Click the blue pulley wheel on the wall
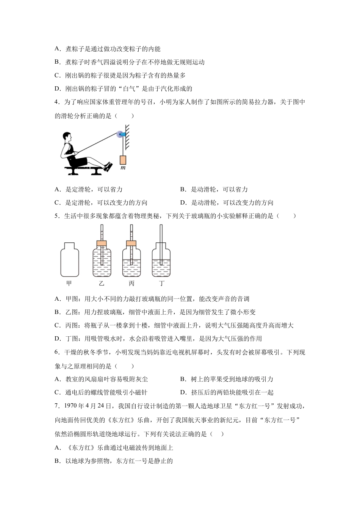[x=120, y=134]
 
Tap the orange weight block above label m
[x=123, y=160]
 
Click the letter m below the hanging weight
[x=123, y=168]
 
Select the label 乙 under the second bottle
[x=101, y=283]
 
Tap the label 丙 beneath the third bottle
[x=131, y=283]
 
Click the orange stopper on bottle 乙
[x=102, y=243]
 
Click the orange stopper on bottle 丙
[x=131, y=243]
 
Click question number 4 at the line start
[x=57, y=102]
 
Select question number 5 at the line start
[x=57, y=216]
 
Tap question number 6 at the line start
[x=57, y=352]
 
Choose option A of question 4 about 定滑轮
[x=89, y=189]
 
